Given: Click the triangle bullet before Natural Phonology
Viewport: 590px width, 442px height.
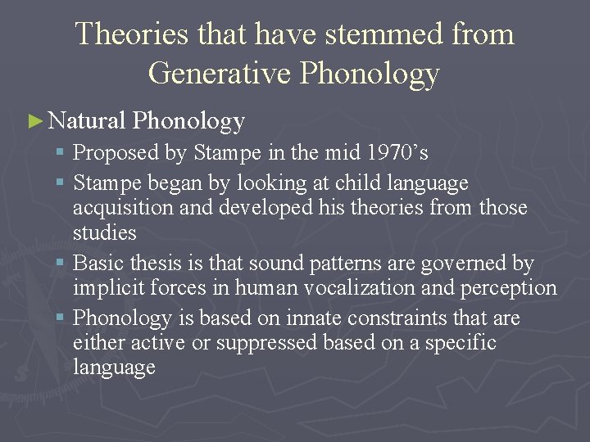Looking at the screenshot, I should point(34,121).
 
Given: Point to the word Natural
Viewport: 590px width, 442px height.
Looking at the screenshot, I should point(87,121).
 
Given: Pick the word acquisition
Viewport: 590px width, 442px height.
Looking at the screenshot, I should point(123,208).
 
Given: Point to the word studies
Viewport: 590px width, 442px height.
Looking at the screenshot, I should point(105,232).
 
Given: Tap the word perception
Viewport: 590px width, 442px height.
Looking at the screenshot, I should point(511,288).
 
